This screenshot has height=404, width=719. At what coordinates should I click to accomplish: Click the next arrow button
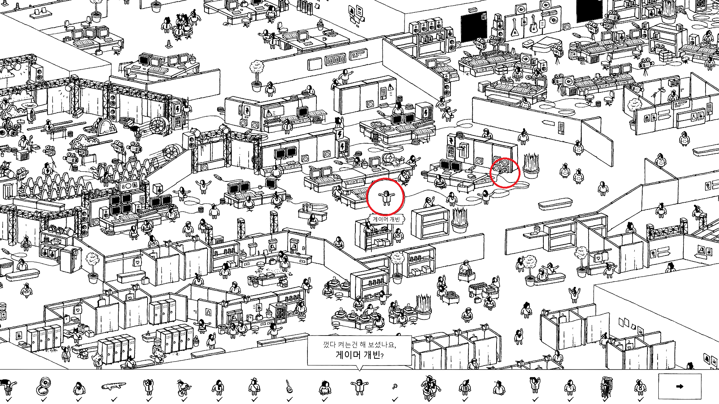click(x=680, y=386)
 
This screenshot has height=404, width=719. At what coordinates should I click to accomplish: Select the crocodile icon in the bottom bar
click(x=113, y=386)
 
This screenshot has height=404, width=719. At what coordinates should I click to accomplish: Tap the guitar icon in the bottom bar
click(x=289, y=386)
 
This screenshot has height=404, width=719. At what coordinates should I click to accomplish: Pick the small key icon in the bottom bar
click(x=394, y=386)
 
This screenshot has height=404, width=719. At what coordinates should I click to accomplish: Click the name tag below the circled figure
click(x=386, y=219)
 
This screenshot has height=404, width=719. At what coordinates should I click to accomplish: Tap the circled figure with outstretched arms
click(x=385, y=197)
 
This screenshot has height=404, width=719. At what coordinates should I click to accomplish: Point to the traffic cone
click(x=168, y=45)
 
